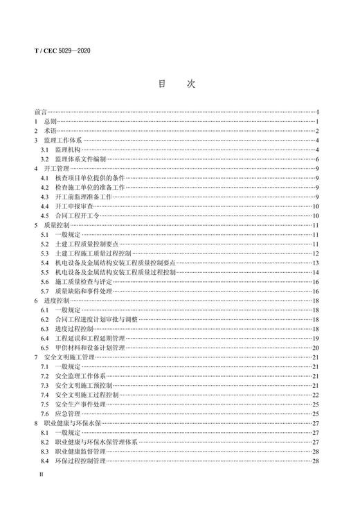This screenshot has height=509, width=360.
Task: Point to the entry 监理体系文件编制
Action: pos(81,159)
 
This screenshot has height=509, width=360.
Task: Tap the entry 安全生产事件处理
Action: pos(81,404)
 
